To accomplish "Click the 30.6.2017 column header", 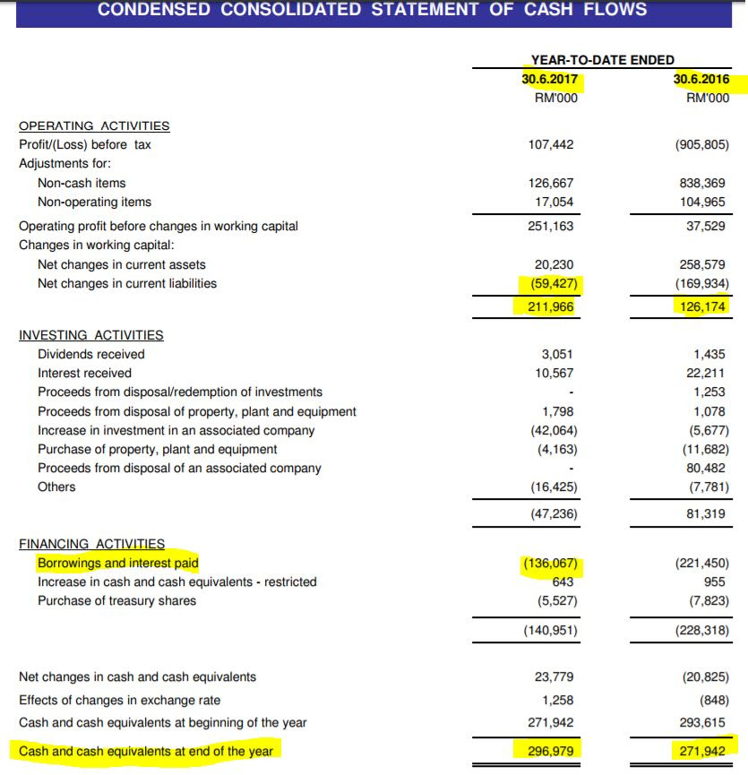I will point(551,80).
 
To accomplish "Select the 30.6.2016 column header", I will point(701,80).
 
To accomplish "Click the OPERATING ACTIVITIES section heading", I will point(94,125).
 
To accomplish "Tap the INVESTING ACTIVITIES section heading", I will point(91,335).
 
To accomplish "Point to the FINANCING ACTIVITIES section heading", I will point(92,544).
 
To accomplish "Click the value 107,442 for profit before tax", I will point(553,144).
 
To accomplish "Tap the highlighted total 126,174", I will point(702,306).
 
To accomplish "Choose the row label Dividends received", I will point(90,354).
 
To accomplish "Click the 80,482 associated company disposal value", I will point(708,468).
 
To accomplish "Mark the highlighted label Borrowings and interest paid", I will point(117,563).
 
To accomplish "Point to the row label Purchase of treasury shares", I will point(116,600).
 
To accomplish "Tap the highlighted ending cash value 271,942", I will point(702,751).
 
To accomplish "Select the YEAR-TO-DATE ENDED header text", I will point(603,60).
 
